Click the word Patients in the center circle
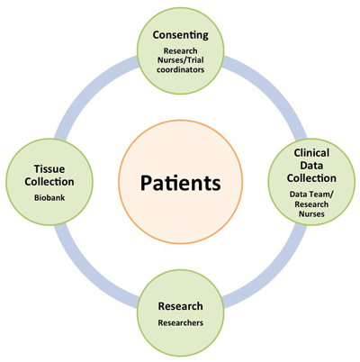click(181, 183)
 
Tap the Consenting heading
click(181, 35)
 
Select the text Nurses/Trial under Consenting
click(181, 60)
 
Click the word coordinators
click(181, 69)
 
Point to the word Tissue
click(49, 169)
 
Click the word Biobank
click(49, 198)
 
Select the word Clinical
click(311, 153)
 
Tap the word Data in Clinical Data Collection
click(311, 166)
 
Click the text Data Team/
click(311, 195)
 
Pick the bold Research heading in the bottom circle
click(181, 306)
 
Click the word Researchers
click(181, 322)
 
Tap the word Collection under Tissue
click(49, 182)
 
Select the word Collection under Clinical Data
click(311, 178)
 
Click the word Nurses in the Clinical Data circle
click(311, 214)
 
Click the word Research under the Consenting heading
click(181, 50)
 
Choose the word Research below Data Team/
click(311, 204)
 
